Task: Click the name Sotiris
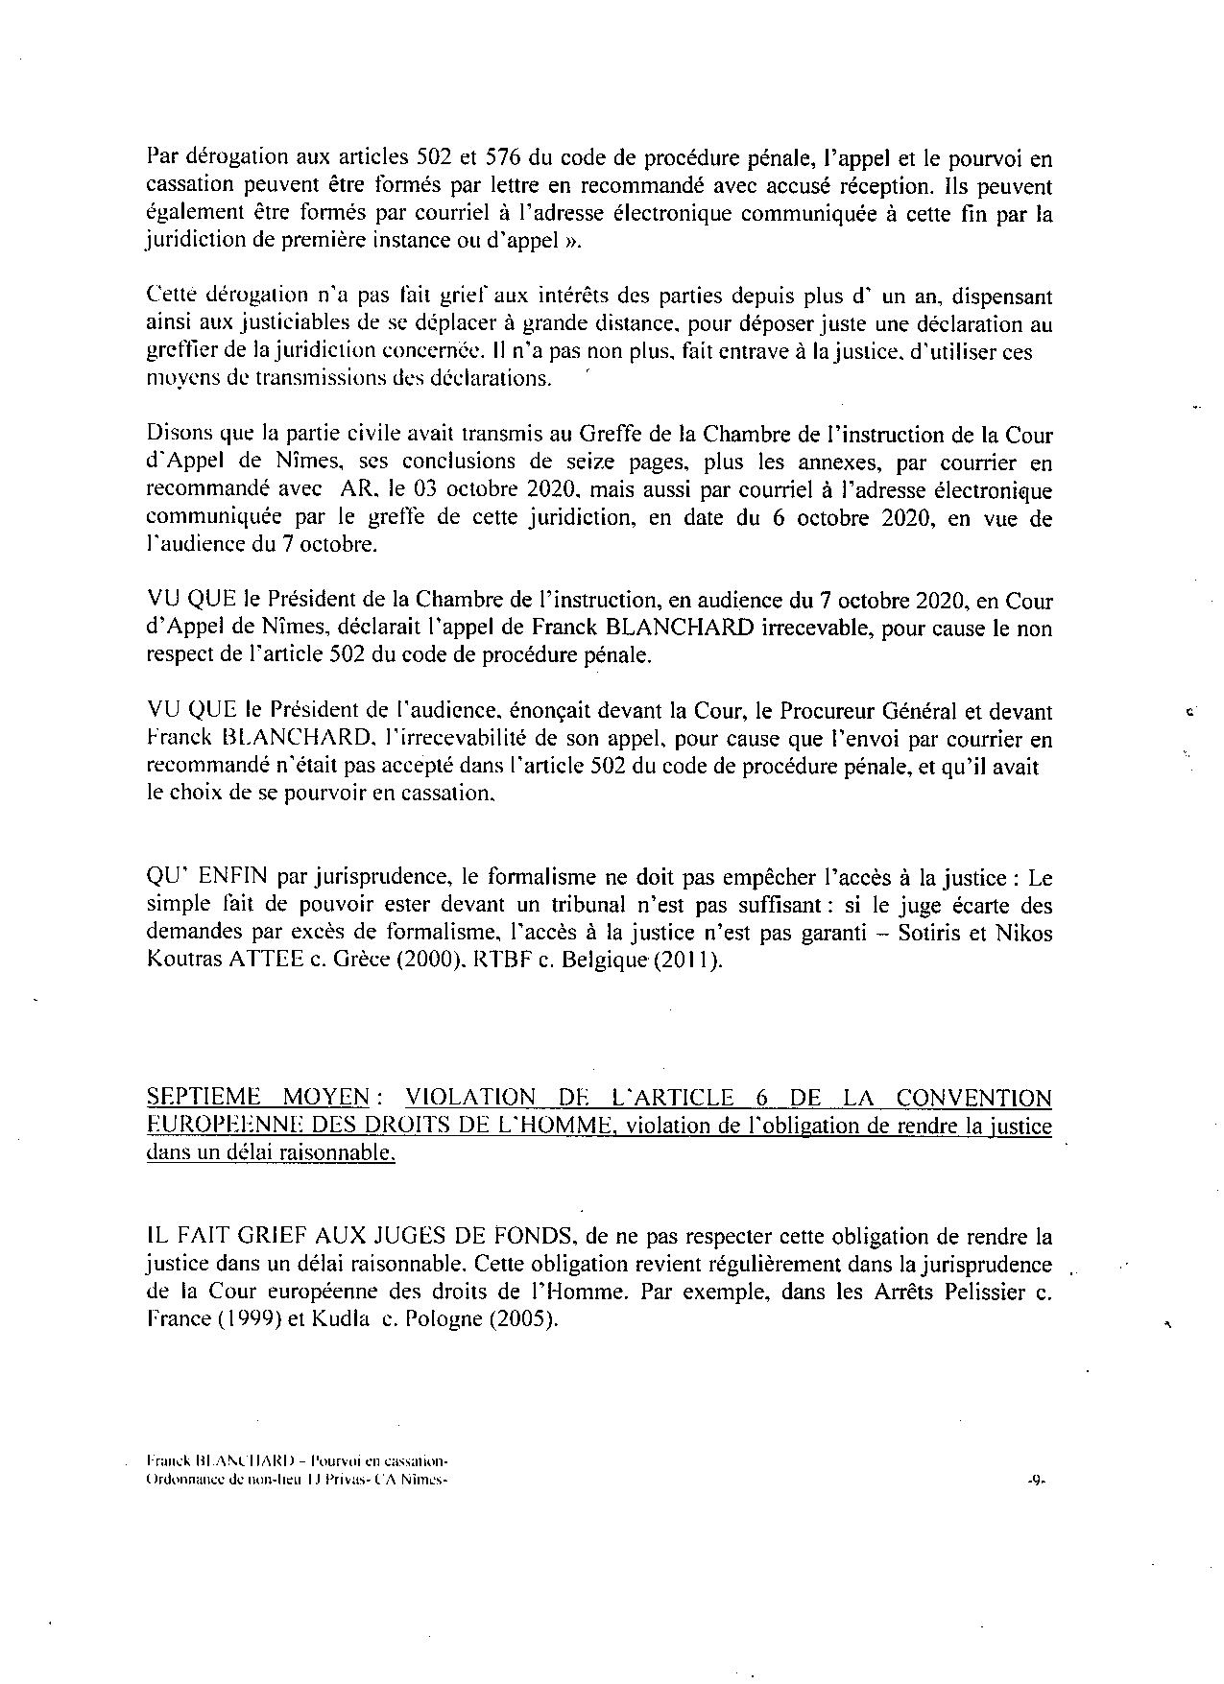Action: coord(928,933)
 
